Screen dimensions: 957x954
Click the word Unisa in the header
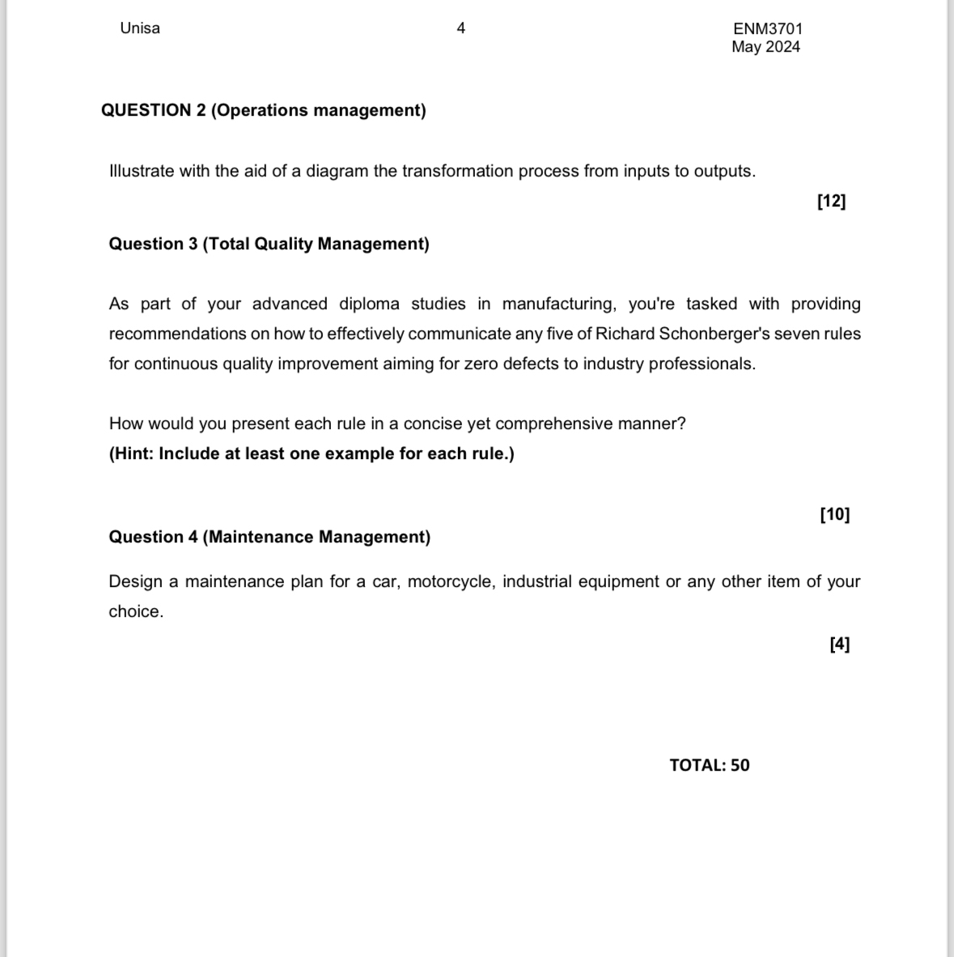pos(140,28)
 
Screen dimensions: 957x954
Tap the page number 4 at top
pos(461,28)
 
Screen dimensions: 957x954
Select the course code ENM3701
pos(767,28)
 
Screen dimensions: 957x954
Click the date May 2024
pos(765,47)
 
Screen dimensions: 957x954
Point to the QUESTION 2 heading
pos(263,110)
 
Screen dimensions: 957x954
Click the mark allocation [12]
pos(831,202)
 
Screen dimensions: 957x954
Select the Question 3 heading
pos(269,244)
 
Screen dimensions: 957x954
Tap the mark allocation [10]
pos(834,514)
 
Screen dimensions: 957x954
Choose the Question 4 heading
pos(269,537)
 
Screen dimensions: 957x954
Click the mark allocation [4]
pos(839,644)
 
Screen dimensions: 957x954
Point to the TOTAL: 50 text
pos(709,765)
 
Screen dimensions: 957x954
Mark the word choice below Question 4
pos(135,612)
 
